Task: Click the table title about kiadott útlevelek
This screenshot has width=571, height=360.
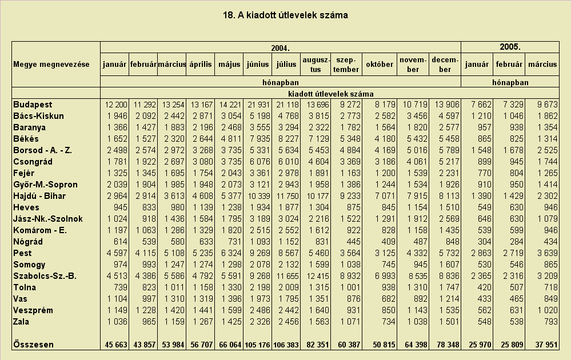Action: (286, 15)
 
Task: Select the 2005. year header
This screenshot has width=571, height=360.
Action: (510, 47)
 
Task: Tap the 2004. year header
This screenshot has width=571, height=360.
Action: (281, 48)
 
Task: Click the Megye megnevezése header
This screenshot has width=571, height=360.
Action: (51, 65)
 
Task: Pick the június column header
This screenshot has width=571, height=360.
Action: (257, 65)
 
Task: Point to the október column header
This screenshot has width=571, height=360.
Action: (380, 65)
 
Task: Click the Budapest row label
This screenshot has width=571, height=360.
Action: (33, 105)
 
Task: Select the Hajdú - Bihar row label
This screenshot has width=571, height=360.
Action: (39, 196)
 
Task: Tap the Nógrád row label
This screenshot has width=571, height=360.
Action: (28, 242)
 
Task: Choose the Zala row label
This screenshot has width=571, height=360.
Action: (21, 322)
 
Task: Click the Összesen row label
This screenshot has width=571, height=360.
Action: (34, 345)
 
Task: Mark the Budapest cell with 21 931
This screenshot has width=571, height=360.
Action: (259, 105)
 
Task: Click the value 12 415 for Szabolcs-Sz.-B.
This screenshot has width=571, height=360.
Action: (318, 276)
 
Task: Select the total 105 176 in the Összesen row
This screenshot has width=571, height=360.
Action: (257, 345)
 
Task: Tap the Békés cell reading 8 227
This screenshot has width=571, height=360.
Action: (288, 139)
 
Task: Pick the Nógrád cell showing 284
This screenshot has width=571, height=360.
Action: (516, 242)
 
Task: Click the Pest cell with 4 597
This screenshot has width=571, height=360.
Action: (117, 253)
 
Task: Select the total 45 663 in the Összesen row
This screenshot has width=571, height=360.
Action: (116, 345)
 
